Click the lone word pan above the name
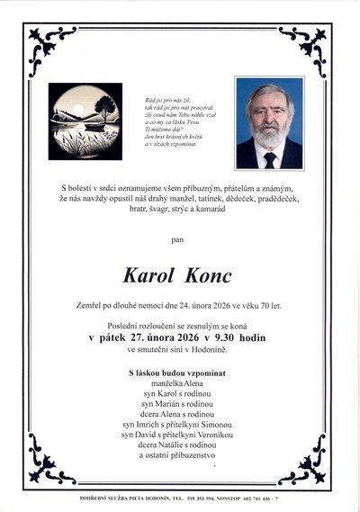(x=179, y=240)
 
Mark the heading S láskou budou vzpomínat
(x=179, y=372)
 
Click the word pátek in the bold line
(x=118, y=337)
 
